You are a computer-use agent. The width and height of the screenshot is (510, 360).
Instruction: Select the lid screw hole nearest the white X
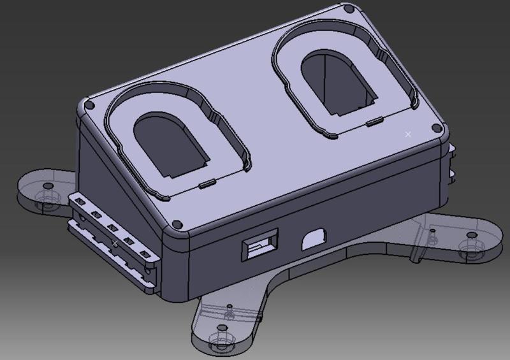pos(436,127)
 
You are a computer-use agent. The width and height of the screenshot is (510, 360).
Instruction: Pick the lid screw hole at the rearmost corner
pos(348,11)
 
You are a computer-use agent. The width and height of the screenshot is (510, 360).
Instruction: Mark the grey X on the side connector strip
pos(114,243)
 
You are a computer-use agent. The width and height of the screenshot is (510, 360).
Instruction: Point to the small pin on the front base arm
pos(228,310)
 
